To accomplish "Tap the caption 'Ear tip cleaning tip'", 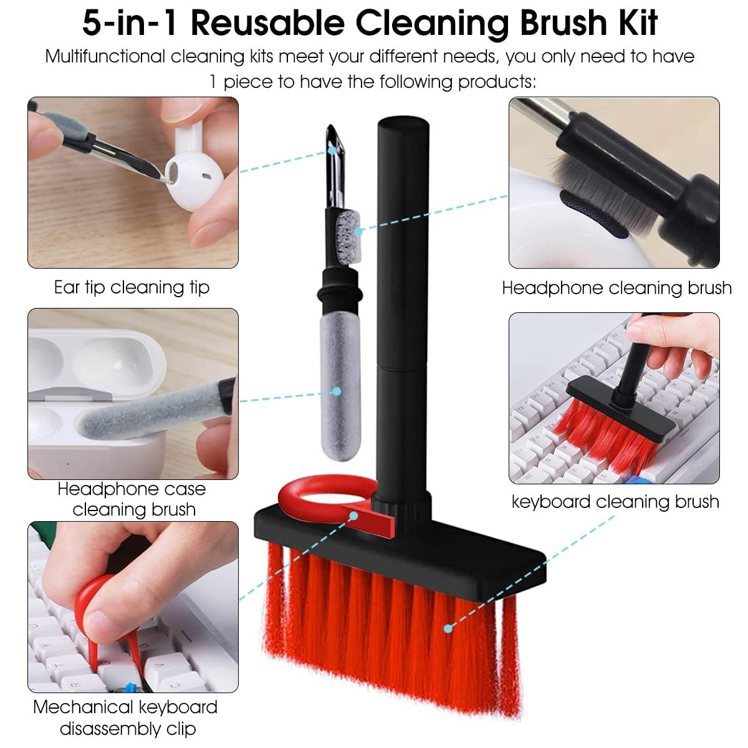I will tap(132, 287).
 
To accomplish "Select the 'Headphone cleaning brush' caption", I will tap(616, 288).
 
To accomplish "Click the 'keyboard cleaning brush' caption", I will tap(615, 502).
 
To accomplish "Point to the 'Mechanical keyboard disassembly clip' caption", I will tap(126, 717).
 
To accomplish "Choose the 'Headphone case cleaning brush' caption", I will tap(132, 499).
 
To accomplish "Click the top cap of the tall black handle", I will tap(404, 131).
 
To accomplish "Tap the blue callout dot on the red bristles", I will tap(448, 629).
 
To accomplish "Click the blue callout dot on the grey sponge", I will tap(337, 391).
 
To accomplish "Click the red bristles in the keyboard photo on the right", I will tap(598, 436).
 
